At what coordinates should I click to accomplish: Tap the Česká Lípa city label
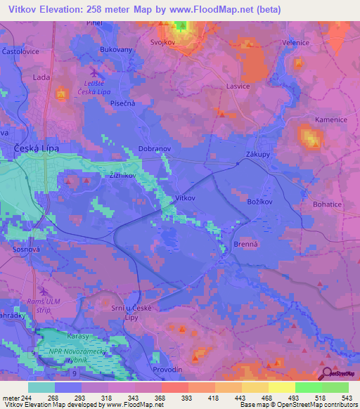click(x=37, y=149)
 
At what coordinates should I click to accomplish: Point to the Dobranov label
click(x=155, y=150)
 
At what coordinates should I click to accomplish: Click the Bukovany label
click(x=117, y=51)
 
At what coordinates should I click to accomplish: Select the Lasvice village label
click(x=238, y=86)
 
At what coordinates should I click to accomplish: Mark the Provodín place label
click(x=167, y=369)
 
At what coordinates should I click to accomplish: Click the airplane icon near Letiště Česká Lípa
click(x=95, y=72)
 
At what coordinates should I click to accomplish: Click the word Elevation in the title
click(x=62, y=9)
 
